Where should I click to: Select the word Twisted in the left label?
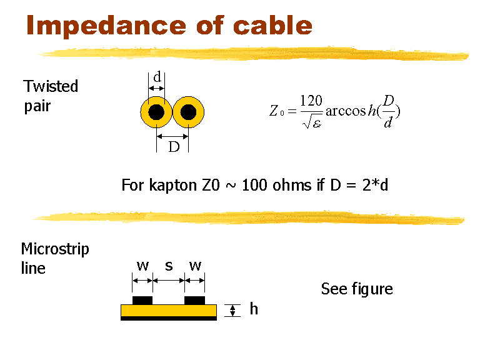pyautogui.click(x=51, y=86)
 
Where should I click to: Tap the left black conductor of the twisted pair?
pyautogui.click(x=156, y=112)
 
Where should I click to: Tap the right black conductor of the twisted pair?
pyautogui.click(x=188, y=112)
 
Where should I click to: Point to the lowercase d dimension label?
pyautogui.click(x=157, y=77)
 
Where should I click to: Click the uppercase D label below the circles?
pyautogui.click(x=174, y=147)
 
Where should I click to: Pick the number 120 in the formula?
pyautogui.click(x=311, y=101)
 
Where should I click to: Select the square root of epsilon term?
pyautogui.click(x=311, y=123)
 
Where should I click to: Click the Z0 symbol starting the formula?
pyautogui.click(x=276, y=112)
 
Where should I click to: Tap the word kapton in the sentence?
pyautogui.click(x=174, y=186)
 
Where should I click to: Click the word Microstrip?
pyautogui.click(x=55, y=249)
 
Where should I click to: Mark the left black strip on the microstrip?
pyautogui.click(x=142, y=300)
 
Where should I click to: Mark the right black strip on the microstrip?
pyautogui.click(x=195, y=300)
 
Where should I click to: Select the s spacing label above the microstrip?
pyautogui.click(x=168, y=266)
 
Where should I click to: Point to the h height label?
pyautogui.click(x=253, y=309)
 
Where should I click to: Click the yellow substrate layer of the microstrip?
pyautogui.click(x=169, y=310)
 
